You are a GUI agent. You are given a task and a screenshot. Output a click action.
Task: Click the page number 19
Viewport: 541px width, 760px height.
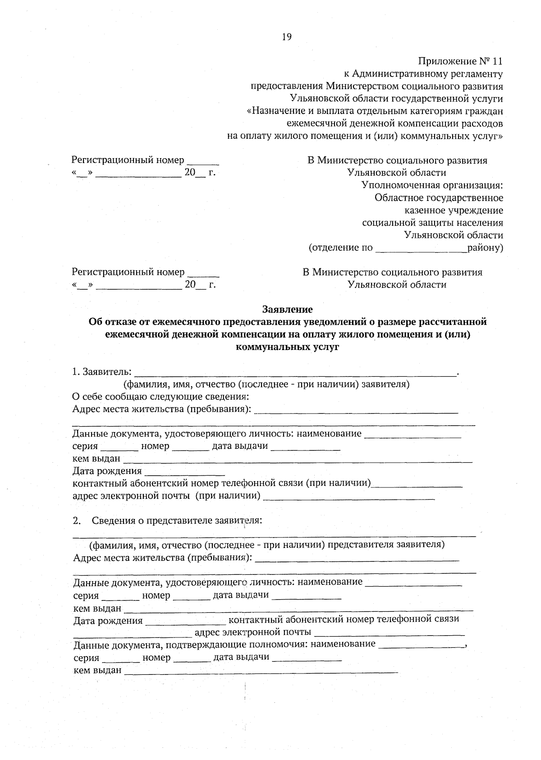pos(287,37)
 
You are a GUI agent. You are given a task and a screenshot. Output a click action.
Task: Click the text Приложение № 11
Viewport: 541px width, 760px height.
pos(460,61)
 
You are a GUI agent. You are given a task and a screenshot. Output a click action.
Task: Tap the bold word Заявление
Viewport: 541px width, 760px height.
pos(288,309)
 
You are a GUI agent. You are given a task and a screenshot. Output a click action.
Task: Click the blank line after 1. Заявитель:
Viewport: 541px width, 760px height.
pos(295,372)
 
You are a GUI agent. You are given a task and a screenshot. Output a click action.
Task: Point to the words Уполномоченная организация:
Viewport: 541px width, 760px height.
pos(432,185)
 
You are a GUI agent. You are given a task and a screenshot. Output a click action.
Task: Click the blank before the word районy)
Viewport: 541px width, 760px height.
pos(421,248)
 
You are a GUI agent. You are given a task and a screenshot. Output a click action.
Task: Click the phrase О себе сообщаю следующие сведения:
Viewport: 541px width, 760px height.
pos(161,396)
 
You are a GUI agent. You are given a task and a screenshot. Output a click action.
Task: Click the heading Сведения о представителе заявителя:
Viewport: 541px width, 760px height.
pos(177,520)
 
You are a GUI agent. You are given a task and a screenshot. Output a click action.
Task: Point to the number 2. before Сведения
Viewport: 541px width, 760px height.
pos(77,521)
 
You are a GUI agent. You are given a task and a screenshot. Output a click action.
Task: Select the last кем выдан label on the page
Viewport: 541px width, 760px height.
pos(97,670)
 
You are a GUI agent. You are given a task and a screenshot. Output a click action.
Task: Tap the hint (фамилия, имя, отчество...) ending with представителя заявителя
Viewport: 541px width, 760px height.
pos(267,545)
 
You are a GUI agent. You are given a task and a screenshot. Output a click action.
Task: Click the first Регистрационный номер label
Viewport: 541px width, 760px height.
pos(128,160)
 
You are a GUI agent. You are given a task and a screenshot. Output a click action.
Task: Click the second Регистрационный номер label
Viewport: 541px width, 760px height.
pos(128,272)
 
